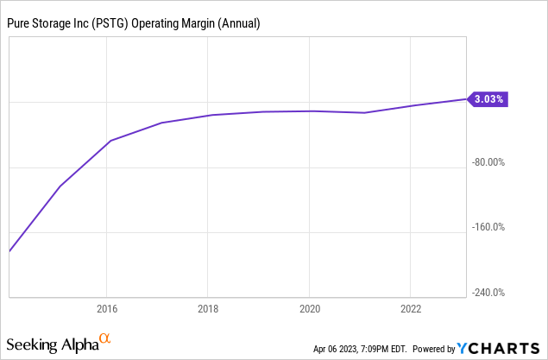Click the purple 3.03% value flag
tap(488, 99)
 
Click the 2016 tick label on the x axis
tap(106, 308)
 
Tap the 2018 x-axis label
tap(208, 308)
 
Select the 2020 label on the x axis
tap(310, 308)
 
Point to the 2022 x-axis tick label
tap(411, 308)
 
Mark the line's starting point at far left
tap(9, 251)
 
